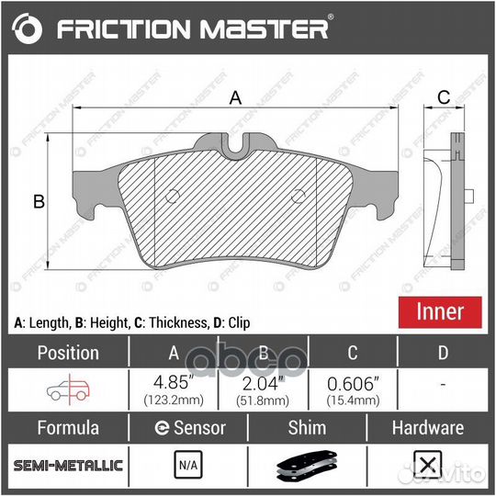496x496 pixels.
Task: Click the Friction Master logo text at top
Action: point(193,28)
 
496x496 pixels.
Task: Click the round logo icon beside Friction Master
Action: point(28,29)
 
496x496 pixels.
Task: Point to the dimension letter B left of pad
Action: point(39,201)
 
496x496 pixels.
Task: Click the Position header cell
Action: point(67,353)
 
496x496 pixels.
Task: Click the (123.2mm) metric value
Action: point(175,400)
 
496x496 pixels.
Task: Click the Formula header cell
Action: point(67,428)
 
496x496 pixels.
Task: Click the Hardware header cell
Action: point(427,428)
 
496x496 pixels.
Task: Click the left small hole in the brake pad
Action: point(174,196)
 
